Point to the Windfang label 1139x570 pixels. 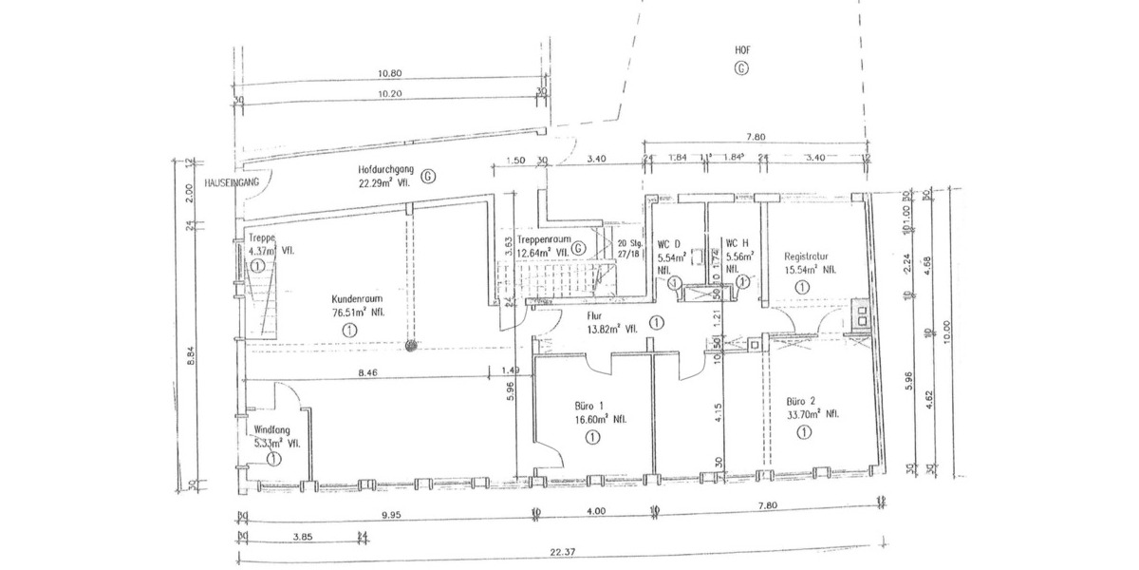pos(271,428)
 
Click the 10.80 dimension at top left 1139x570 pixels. pos(390,73)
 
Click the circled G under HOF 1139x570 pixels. pos(741,67)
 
